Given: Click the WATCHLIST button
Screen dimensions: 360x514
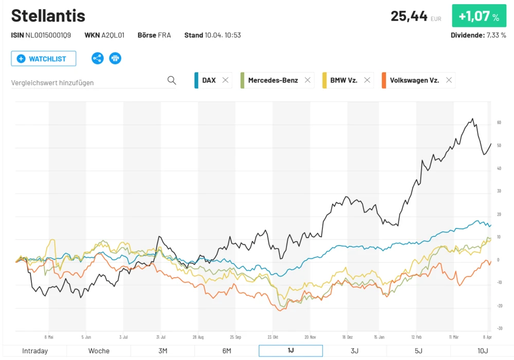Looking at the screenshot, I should (44, 59).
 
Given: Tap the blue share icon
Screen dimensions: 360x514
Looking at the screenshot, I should (98, 58).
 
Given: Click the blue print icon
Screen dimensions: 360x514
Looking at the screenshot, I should (115, 58).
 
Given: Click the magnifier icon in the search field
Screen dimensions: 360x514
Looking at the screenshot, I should (172, 80).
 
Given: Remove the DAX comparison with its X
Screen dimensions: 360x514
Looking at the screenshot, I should (225, 80).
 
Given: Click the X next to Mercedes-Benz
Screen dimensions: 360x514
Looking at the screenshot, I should (307, 80).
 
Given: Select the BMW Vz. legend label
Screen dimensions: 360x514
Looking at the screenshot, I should (343, 80).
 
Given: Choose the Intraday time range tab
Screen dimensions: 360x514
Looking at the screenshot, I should (35, 351).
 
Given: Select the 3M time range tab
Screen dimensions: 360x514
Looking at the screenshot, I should (162, 351).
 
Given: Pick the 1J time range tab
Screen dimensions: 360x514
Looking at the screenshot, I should (290, 351).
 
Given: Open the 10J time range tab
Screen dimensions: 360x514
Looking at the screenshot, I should (482, 351).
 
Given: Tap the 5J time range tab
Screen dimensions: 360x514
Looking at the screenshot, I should (418, 351).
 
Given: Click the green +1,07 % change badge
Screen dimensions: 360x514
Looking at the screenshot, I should (479, 16).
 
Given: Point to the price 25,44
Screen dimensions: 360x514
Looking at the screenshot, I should (409, 16).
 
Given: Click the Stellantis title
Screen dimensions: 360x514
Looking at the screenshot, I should (48, 16).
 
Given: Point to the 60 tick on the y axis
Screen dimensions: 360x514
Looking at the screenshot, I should (499, 123).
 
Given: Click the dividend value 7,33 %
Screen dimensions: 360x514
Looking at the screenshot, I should (496, 35).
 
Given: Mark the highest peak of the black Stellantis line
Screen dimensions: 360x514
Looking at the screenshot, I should (472, 119).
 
